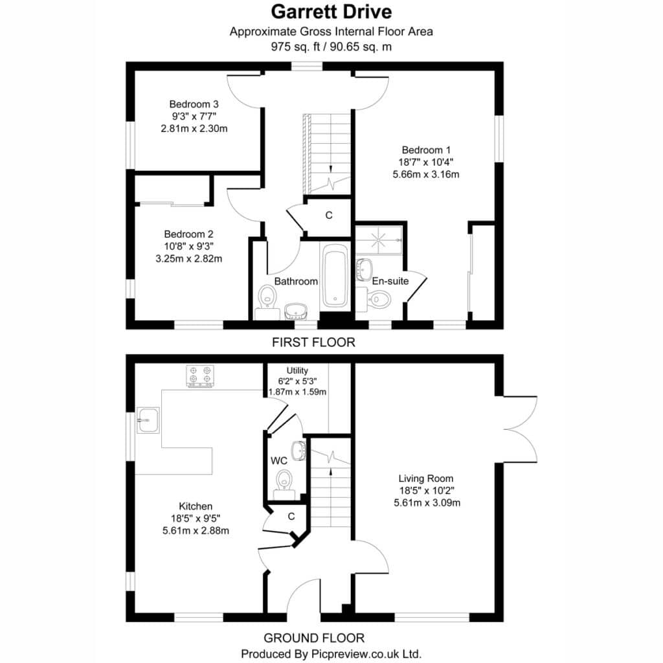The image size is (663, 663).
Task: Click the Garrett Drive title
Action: coord(331,12)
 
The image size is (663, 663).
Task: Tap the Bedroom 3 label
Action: coord(194,104)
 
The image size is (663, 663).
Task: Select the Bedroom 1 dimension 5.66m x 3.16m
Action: coord(426,174)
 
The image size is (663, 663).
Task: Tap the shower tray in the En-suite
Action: coord(378,240)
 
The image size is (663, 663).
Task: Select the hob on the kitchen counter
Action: coord(200,376)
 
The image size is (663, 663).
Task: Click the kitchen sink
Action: coord(148,420)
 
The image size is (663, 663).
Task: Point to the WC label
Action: coord(278,461)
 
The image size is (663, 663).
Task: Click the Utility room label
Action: coord(297,370)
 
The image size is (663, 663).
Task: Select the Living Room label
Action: coord(426,478)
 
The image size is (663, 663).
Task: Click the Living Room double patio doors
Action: coord(520,429)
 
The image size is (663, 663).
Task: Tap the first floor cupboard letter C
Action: coord(329,216)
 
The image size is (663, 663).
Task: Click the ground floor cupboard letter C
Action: coord(291,517)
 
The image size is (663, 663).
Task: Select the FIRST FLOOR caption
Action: coord(314,342)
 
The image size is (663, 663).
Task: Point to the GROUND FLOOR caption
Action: coord(314,638)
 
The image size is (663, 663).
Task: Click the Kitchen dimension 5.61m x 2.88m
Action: coord(196,531)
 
